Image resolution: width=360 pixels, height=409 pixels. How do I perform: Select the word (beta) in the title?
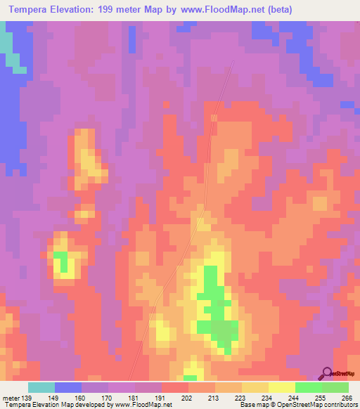click(276, 10)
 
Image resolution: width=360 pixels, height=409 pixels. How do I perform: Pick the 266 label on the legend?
click(347, 397)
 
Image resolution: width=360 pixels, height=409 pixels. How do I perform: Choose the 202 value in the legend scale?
click(187, 397)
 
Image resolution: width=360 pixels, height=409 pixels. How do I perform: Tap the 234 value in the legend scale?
click(266, 397)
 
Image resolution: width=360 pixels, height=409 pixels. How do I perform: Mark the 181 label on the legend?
click(134, 397)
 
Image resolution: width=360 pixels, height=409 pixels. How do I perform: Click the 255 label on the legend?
click(320, 397)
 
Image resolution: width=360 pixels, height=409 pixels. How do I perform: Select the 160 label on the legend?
click(80, 397)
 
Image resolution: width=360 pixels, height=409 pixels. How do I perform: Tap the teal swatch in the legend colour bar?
click(41, 387)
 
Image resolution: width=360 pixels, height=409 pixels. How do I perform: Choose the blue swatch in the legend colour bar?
click(67, 387)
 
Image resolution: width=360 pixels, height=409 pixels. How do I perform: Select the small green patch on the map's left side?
click(62, 261)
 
